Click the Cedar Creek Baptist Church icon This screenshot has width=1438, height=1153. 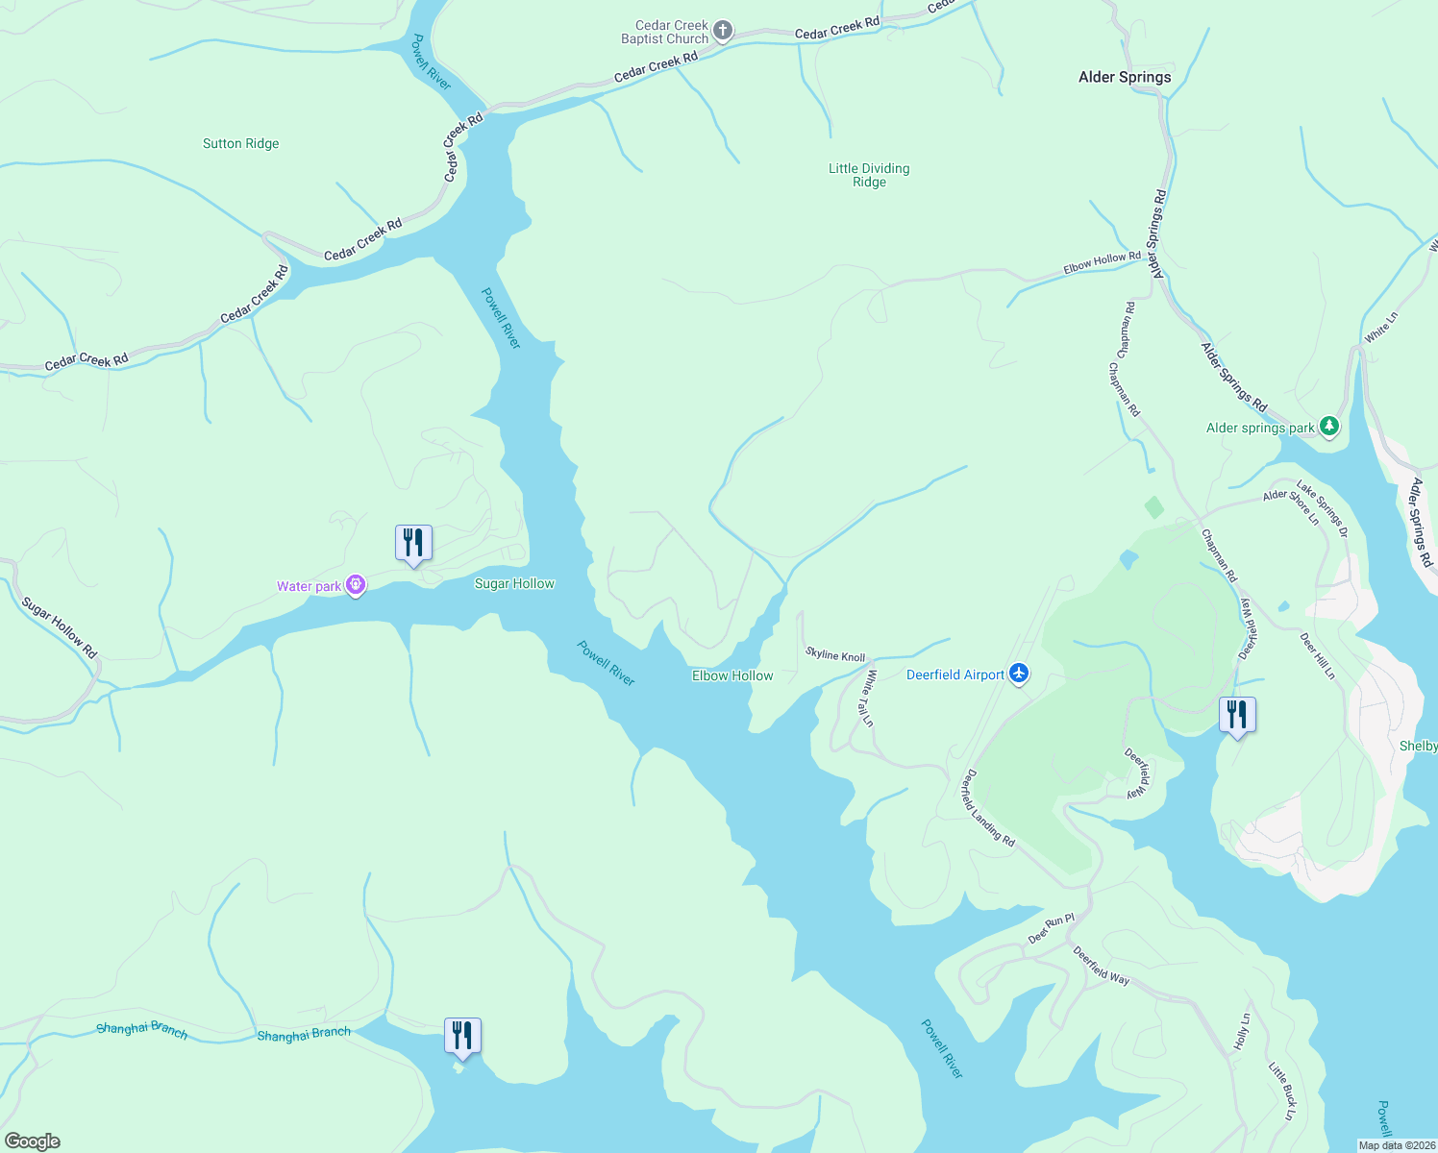pos(723,32)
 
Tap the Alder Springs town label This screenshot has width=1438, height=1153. pos(1125,77)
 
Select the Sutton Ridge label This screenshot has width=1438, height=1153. pos(240,144)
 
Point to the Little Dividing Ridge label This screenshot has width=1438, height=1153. pos(869,175)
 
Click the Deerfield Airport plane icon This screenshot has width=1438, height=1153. pos(1019,675)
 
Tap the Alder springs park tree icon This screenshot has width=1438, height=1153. pos(1328,426)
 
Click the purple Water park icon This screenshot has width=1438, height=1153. pos(356,585)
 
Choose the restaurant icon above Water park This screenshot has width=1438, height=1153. pos(413,544)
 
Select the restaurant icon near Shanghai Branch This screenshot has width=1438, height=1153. pos(462,1037)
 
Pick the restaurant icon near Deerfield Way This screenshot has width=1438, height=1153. pos(1237,716)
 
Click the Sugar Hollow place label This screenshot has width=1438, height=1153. pos(514,583)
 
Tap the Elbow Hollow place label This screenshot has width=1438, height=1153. pos(732,675)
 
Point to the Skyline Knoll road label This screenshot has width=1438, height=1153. pos(835,655)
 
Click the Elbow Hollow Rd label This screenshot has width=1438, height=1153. pos(1102,262)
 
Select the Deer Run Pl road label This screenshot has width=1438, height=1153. pos(1051,928)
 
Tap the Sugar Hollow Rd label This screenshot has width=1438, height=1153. pos(60,628)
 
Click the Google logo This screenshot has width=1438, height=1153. pos(33,1141)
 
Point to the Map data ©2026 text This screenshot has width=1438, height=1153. pos(1397,1145)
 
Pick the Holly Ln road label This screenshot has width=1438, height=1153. pos(1242,1031)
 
